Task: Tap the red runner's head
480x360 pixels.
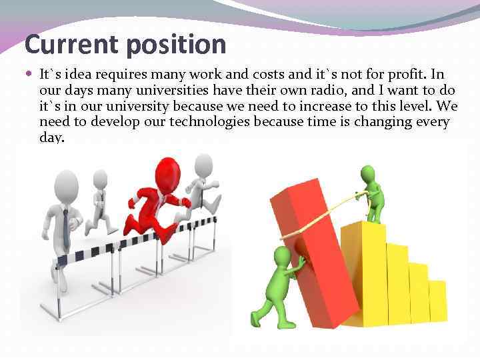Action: point(168,171)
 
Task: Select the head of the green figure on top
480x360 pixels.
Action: point(368,173)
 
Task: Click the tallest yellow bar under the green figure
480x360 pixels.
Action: point(363,273)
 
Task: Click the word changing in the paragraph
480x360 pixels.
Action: point(387,123)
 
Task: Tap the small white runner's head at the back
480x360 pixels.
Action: point(100,178)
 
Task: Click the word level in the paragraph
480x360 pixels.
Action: point(405,107)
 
